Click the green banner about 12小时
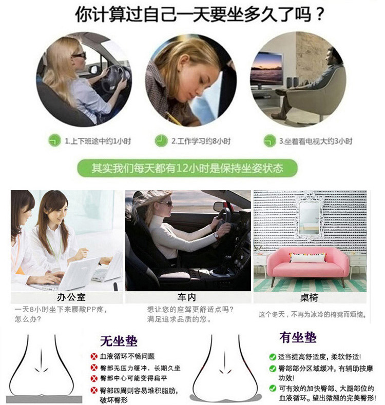point(187,168)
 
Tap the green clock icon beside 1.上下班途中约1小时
point(54,140)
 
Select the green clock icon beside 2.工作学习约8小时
point(161,140)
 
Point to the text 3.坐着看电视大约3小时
point(316,141)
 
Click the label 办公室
point(71,297)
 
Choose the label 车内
point(186,297)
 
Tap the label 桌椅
point(309,298)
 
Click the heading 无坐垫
point(119,341)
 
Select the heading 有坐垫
point(298,337)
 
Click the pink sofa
point(307,266)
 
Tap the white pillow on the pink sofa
point(307,257)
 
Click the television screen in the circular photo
point(267,69)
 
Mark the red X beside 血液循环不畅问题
point(93,356)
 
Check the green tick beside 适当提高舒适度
point(272,357)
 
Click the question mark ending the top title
point(320,14)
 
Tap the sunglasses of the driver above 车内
point(166,204)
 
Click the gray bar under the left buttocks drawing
point(44,398)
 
